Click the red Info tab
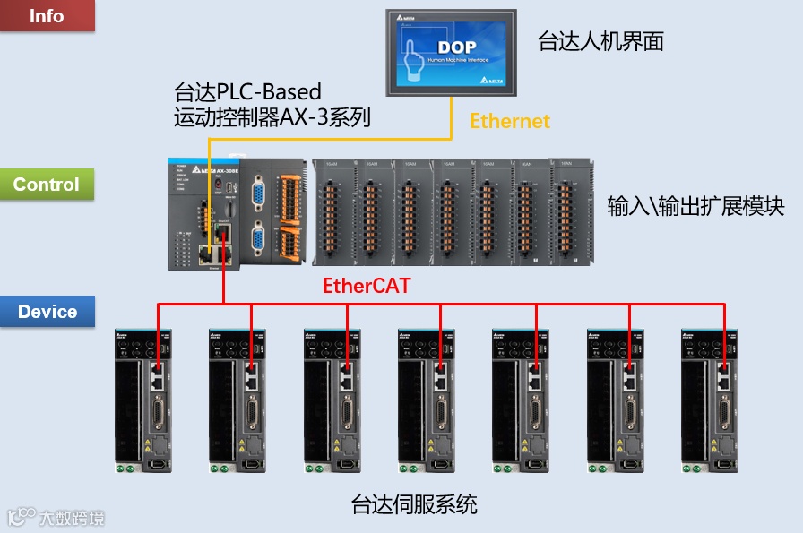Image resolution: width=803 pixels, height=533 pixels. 47,16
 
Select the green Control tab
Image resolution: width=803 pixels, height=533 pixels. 47,185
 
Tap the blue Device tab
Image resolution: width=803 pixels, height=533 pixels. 47,312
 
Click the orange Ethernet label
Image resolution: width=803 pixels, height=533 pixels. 510,121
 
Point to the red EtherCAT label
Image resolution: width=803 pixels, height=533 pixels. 367,287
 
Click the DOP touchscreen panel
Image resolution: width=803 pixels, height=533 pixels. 451,53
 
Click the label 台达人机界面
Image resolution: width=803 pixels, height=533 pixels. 600,41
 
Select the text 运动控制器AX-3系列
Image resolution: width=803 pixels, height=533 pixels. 272,116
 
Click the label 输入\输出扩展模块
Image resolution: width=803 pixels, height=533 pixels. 695,206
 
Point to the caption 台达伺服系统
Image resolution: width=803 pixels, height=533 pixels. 414,504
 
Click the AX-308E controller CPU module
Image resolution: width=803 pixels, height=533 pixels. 206,213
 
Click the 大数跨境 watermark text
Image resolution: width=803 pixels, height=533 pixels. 72,517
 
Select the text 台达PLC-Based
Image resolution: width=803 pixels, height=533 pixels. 247,91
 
